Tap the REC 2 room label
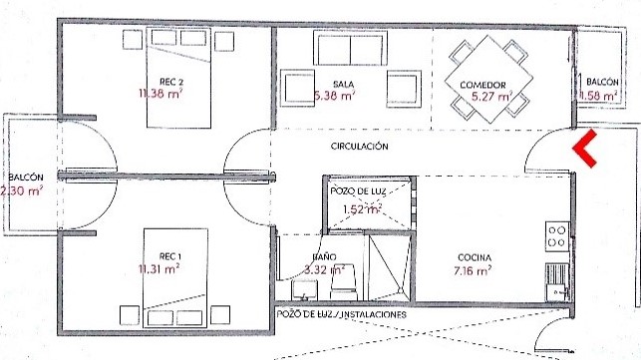pyautogui.click(x=170, y=82)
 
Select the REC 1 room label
pyautogui.click(x=170, y=256)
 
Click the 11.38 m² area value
pyautogui.click(x=160, y=94)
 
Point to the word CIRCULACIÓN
pyautogui.click(x=359, y=146)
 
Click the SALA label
pyautogui.click(x=343, y=85)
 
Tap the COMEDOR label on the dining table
pyautogui.click(x=482, y=85)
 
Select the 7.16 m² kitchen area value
pyautogui.click(x=473, y=270)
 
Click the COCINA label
pyautogui.click(x=475, y=257)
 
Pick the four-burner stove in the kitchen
pyautogui.click(x=557, y=236)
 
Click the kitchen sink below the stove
pyautogui.click(x=557, y=282)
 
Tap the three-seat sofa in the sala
pyautogui.click(x=350, y=48)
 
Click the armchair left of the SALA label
pyautogui.click(x=298, y=89)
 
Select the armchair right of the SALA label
pyautogui.click(x=404, y=89)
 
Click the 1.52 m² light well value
pyautogui.click(x=362, y=209)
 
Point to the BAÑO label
pyautogui.click(x=324, y=257)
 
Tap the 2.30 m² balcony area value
pyautogui.click(x=22, y=190)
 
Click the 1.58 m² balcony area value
pyautogui.click(x=598, y=96)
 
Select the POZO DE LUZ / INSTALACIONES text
pyautogui.click(x=341, y=314)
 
